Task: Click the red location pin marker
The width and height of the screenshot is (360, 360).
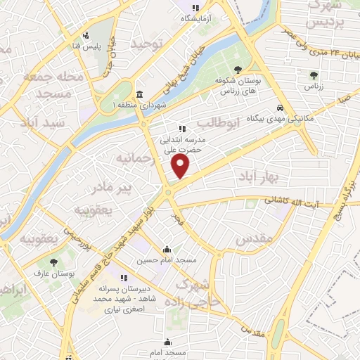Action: click(181, 166)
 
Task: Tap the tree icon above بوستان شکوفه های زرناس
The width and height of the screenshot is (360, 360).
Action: click(238, 69)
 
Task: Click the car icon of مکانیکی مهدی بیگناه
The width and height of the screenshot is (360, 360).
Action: click(280, 108)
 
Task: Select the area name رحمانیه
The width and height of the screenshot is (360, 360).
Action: click(134, 157)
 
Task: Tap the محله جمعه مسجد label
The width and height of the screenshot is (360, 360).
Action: click(53, 84)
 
